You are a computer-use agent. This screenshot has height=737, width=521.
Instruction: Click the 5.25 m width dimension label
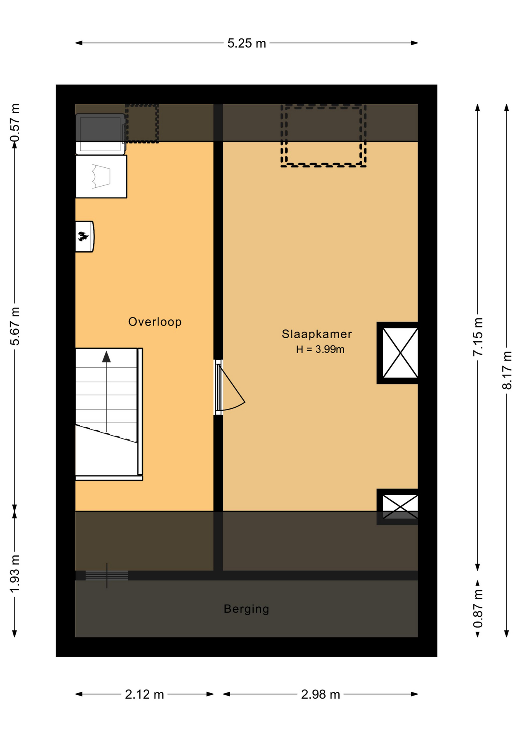[x=246, y=43]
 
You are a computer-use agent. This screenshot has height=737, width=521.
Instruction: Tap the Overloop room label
[x=155, y=322]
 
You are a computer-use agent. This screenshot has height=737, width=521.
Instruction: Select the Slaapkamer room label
[x=317, y=334]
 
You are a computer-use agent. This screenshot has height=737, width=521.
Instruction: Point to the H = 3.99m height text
[x=320, y=349]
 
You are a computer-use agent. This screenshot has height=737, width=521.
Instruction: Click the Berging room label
[x=246, y=609]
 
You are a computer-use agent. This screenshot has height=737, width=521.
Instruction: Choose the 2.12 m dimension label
[x=144, y=694]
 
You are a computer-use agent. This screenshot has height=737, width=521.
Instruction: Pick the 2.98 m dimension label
[x=320, y=694]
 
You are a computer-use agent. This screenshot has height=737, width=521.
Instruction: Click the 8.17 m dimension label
[x=507, y=370]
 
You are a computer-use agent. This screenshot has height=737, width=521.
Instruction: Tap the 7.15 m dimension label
[x=478, y=337]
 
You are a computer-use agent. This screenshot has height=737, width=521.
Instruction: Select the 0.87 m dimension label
[x=478, y=609]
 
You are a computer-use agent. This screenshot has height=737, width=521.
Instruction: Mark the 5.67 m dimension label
[x=15, y=326]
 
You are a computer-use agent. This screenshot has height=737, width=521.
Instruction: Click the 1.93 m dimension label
[x=15, y=573]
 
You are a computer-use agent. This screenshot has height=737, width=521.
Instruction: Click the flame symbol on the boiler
[x=82, y=236]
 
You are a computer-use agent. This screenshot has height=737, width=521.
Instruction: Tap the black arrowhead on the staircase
[x=106, y=357]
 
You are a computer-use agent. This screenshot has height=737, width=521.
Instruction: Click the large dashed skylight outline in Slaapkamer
[x=323, y=136]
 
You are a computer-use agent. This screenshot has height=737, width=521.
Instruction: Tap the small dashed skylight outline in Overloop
[x=142, y=124]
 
